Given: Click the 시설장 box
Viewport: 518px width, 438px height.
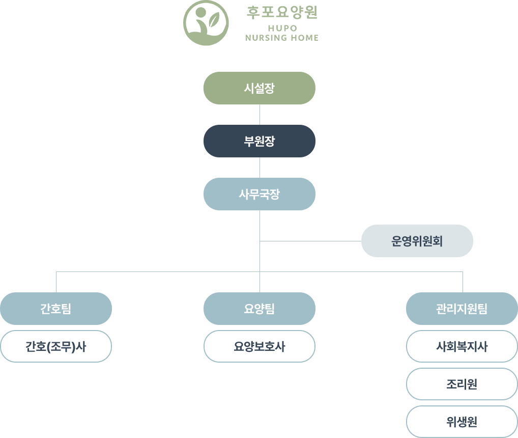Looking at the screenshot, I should (x=260, y=88).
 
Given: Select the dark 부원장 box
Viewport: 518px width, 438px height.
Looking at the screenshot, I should (x=260, y=141).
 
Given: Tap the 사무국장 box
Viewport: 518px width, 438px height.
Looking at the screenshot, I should (x=260, y=194).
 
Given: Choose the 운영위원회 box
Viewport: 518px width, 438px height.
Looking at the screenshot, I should (x=417, y=241).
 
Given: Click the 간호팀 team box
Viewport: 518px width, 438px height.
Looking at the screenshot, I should (x=56, y=309).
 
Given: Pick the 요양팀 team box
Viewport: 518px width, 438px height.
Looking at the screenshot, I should (x=260, y=309).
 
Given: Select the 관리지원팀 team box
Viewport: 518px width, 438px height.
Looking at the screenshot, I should (x=462, y=309).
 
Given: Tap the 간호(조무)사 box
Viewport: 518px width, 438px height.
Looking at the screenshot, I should (x=56, y=346).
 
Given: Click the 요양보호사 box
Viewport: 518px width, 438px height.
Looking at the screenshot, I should (x=260, y=346).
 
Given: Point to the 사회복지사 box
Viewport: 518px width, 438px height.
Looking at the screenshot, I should (x=462, y=346).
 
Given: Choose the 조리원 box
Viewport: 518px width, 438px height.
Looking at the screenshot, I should (x=462, y=384).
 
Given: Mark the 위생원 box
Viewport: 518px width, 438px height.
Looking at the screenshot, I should (x=462, y=422).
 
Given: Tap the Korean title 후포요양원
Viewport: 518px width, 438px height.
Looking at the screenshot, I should (x=282, y=13).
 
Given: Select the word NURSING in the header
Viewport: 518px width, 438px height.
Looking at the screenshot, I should (x=264, y=38).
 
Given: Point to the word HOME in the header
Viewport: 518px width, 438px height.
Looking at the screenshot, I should (x=305, y=38).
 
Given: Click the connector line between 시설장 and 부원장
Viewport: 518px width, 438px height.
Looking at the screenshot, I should (x=260, y=115).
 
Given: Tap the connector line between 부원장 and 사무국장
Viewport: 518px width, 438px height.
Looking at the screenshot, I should (x=260, y=168).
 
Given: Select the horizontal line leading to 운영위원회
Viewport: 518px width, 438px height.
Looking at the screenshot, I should (x=310, y=241).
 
